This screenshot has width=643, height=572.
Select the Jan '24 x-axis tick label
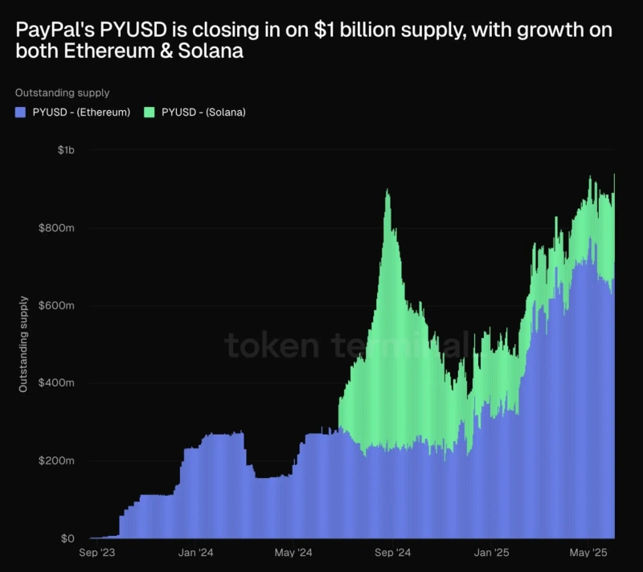(x=196, y=553)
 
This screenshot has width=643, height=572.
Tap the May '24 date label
(x=293, y=553)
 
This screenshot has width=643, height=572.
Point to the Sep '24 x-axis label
(x=393, y=553)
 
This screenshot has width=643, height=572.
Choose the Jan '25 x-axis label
(x=492, y=553)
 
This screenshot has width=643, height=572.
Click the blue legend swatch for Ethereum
(x=20, y=112)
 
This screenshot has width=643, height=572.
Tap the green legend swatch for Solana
(x=149, y=112)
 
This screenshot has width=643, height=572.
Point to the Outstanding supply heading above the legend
(x=62, y=93)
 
